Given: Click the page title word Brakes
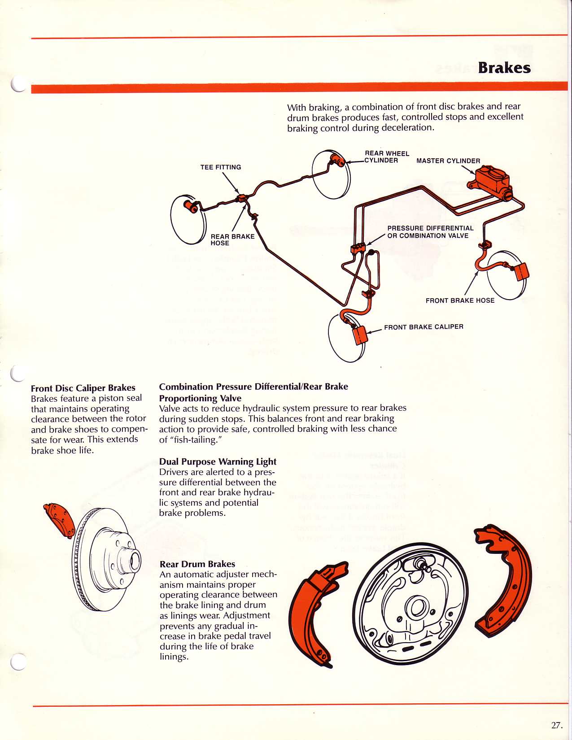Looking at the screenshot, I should coord(504,68).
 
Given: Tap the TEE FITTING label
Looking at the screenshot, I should coord(220,167).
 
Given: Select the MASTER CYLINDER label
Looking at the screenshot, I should coord(448,161).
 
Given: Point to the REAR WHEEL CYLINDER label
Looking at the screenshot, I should coord(386,157).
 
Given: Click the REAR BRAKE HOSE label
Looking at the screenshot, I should coord(232,239).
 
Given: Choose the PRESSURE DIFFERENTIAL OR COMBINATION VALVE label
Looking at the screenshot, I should coord(430,232).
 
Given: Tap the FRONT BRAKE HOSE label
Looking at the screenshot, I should coord(460,300).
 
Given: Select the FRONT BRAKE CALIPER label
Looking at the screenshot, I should coord(424,327).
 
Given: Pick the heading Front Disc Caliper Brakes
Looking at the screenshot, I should coord(83,388).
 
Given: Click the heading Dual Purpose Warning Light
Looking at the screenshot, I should coord(218,461).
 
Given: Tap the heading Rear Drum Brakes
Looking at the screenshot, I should coord(197,564).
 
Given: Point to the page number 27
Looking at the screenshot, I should coord(556,725).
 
